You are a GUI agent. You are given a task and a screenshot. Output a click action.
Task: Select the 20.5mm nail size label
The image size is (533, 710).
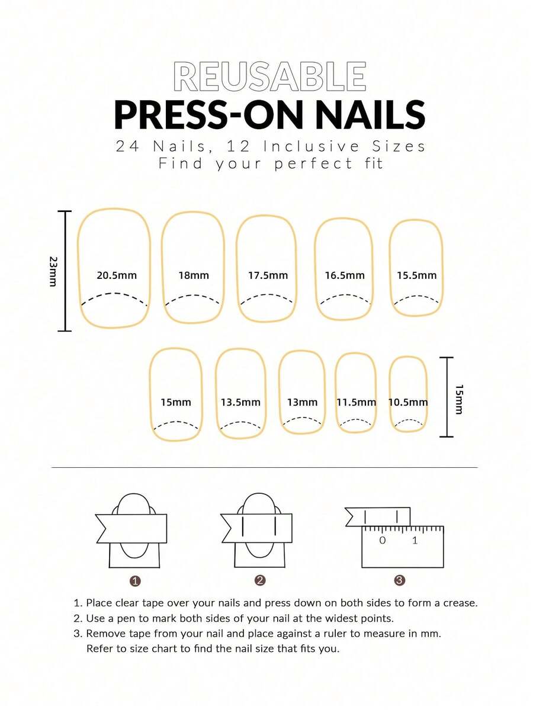click(x=117, y=275)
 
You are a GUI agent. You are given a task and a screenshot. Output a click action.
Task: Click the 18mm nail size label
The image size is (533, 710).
click(x=194, y=275)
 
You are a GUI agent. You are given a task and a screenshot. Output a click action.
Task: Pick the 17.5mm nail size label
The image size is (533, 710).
click(x=268, y=275)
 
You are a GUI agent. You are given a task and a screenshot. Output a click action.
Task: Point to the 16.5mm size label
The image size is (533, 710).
click(x=345, y=275)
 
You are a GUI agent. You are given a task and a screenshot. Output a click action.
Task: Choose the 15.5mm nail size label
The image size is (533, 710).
click(x=416, y=275)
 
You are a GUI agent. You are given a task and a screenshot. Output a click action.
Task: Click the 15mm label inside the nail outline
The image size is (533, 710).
click(x=176, y=402)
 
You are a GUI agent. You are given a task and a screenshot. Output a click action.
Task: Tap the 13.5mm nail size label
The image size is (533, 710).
click(x=240, y=402)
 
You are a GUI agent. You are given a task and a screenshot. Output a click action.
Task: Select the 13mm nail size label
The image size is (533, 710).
click(x=302, y=402)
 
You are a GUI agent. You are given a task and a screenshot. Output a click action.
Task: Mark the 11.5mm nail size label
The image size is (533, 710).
click(x=356, y=402)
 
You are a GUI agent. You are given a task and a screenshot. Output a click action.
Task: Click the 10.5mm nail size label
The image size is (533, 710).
click(x=408, y=402)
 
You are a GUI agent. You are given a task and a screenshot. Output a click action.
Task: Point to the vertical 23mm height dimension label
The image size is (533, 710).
click(x=53, y=271)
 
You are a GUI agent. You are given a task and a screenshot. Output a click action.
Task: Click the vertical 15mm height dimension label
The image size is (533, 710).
click(x=460, y=398)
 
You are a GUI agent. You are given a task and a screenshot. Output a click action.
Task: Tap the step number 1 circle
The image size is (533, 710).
click(x=135, y=581)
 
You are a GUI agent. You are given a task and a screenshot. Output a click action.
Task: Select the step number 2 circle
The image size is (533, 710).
click(x=259, y=581)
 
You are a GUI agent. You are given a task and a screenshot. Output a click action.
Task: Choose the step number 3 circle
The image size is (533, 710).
click(x=400, y=581)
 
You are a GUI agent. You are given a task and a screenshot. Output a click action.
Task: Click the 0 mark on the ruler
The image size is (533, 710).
click(x=382, y=540)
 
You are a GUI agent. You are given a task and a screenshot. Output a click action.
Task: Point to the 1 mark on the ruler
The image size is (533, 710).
click(x=415, y=540)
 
